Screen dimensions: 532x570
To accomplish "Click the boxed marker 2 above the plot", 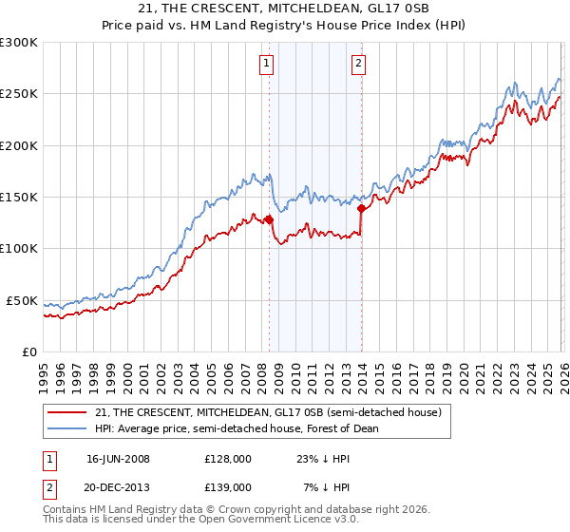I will tap(358, 65).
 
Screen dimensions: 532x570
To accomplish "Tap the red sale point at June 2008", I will tap(269, 219).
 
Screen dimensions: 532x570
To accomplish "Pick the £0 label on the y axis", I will tap(28, 351).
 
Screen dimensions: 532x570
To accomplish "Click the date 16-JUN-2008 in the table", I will tap(118, 459).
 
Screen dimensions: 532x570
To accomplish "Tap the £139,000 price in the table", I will tap(227, 486).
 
